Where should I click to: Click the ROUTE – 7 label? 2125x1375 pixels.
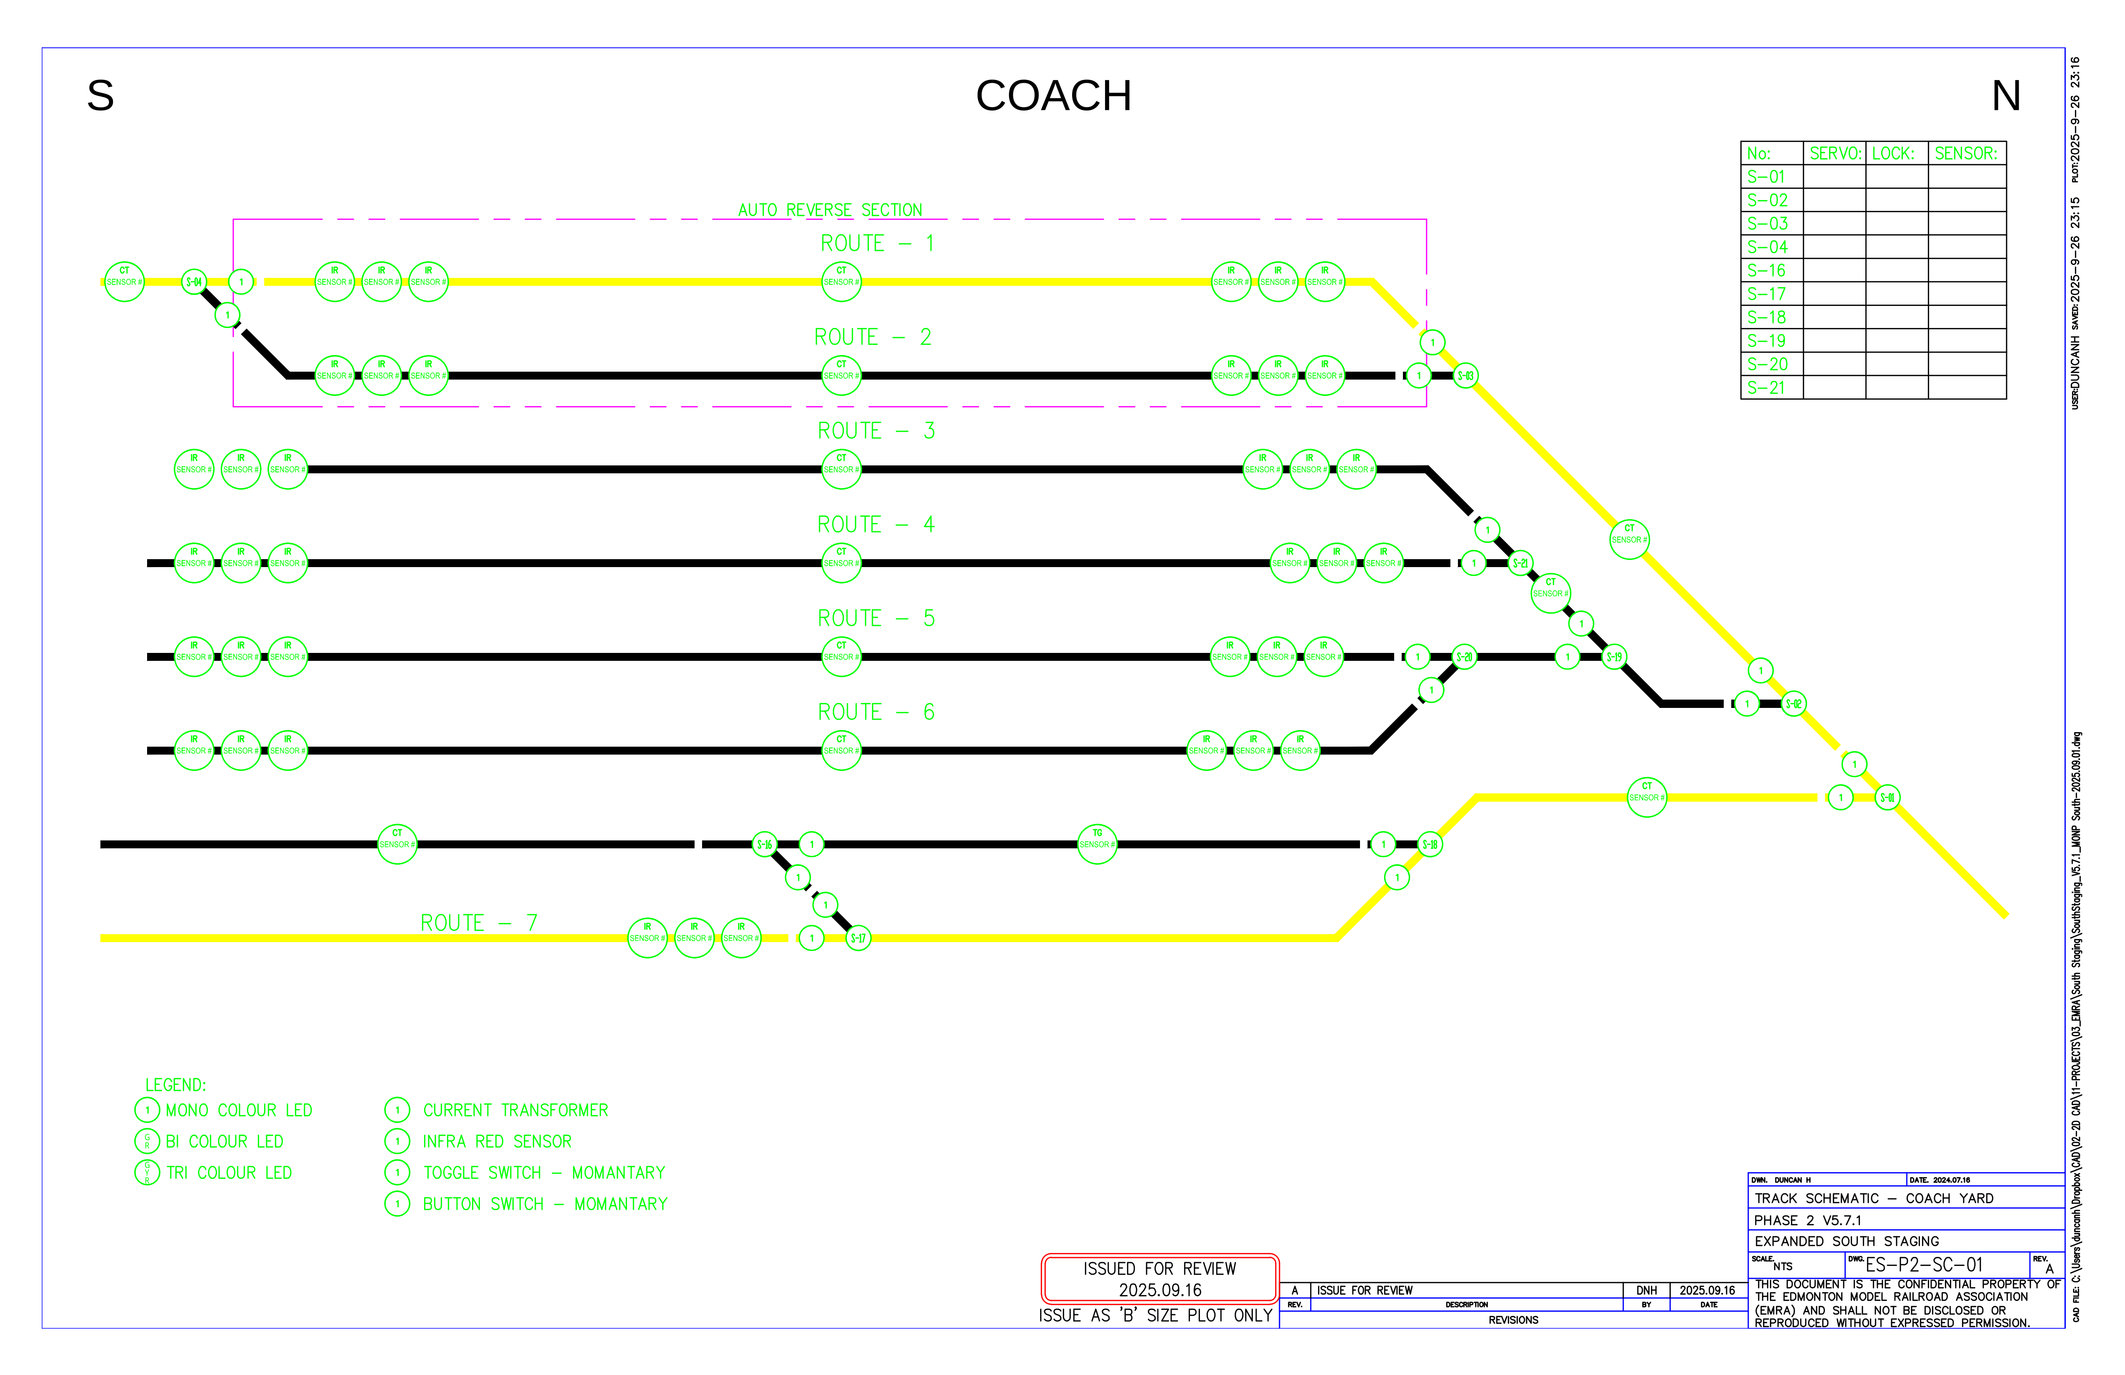(x=479, y=923)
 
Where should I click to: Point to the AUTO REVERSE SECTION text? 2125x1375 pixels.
(x=830, y=210)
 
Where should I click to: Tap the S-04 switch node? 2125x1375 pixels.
(x=194, y=282)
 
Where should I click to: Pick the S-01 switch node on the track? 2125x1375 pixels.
(x=1887, y=797)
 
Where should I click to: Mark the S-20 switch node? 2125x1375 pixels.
(x=1464, y=657)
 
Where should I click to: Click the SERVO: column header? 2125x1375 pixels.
(x=1835, y=154)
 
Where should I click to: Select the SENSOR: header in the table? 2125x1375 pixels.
(x=1965, y=154)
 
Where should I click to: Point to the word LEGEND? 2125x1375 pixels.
(x=176, y=1085)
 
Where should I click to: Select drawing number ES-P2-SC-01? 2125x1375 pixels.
(x=1923, y=1265)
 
